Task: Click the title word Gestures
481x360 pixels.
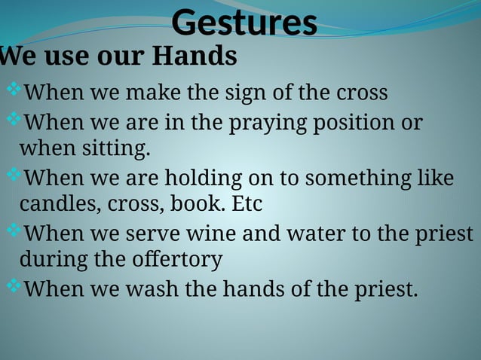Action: (244, 23)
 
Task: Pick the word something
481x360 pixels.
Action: (354, 179)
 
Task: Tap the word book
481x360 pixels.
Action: (192, 204)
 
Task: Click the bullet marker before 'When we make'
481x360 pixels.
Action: (14, 91)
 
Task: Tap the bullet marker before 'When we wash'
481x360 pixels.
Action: (14, 286)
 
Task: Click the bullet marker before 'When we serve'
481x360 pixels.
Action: (14, 231)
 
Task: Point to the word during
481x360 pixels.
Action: (50, 260)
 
